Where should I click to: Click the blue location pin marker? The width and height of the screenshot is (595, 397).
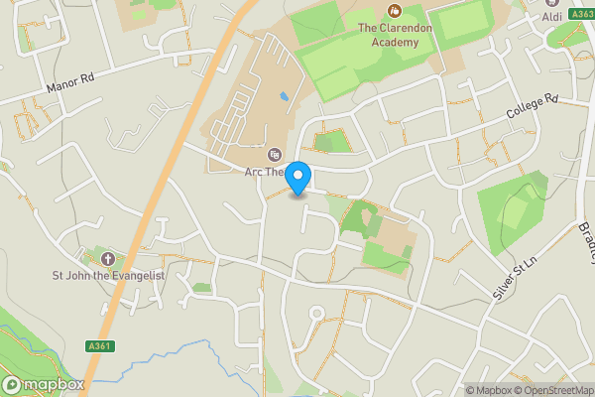click(x=298, y=178)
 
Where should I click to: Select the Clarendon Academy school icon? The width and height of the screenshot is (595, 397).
click(x=396, y=11)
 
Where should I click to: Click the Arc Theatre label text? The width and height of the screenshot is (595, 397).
click(x=265, y=172)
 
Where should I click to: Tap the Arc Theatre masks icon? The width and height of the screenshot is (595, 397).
click(x=275, y=155)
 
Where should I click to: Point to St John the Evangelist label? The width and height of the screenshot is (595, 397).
click(x=106, y=275)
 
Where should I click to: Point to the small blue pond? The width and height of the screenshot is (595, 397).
click(x=286, y=97)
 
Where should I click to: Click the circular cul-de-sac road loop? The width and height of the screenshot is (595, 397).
click(x=317, y=314)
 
